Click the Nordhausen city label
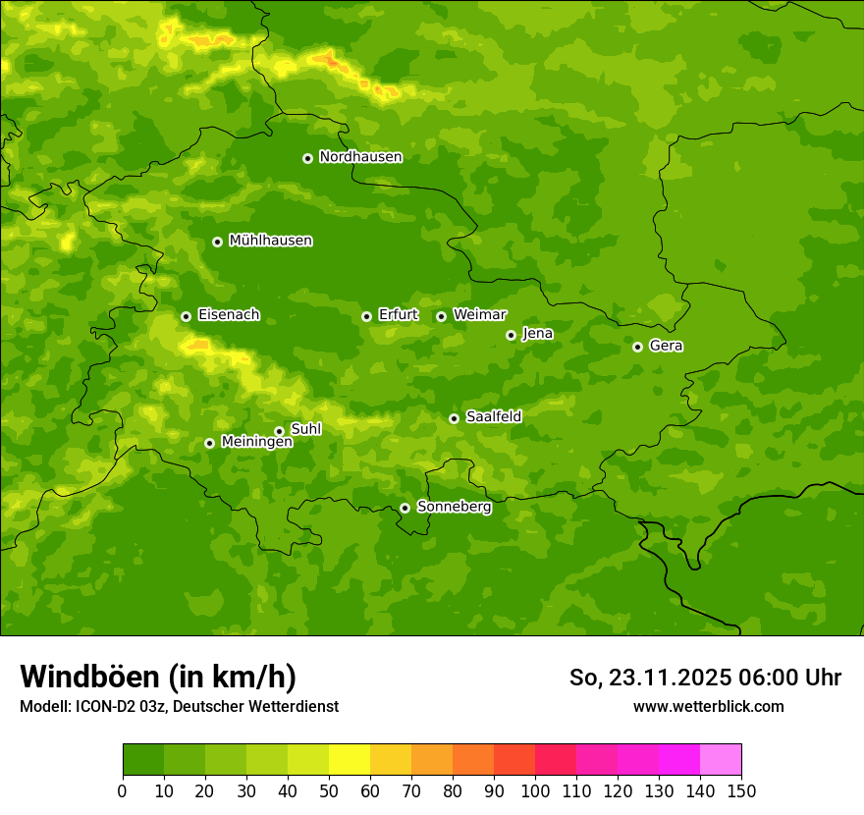point(360,157)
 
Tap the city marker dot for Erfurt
point(366,316)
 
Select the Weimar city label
point(479,315)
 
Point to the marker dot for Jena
point(511,335)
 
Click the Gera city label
point(666,346)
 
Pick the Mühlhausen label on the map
point(270,241)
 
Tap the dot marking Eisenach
point(186,316)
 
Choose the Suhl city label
point(305,429)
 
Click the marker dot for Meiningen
point(209,443)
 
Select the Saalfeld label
point(493,417)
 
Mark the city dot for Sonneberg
point(405,508)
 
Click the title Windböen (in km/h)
point(158,677)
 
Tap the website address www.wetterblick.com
point(708,706)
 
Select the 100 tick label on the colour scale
point(535,790)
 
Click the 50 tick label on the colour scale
point(329,790)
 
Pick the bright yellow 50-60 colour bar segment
point(350,760)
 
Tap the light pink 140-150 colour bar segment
point(721,760)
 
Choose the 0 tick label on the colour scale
point(123,790)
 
